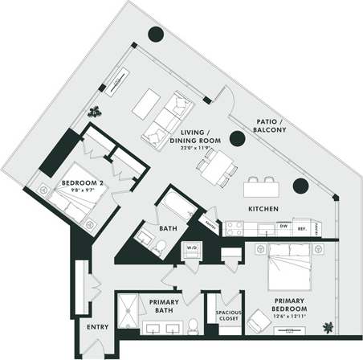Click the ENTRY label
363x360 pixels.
pyautogui.click(x=97, y=328)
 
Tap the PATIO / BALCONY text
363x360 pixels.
pyautogui.click(x=265, y=125)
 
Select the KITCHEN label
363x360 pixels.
pyautogui.click(x=263, y=208)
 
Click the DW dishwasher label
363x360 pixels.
pyautogui.click(x=283, y=227)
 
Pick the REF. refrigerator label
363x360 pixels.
pyautogui.click(x=301, y=227)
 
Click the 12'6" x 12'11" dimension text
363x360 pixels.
pyautogui.click(x=289, y=320)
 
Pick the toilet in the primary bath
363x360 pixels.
pyautogui.click(x=193, y=325)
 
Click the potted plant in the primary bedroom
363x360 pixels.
pyautogui.click(x=328, y=325)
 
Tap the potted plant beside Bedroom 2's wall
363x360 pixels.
pyautogui.click(x=96, y=111)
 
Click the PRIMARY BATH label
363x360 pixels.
pyautogui.click(x=165, y=306)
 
